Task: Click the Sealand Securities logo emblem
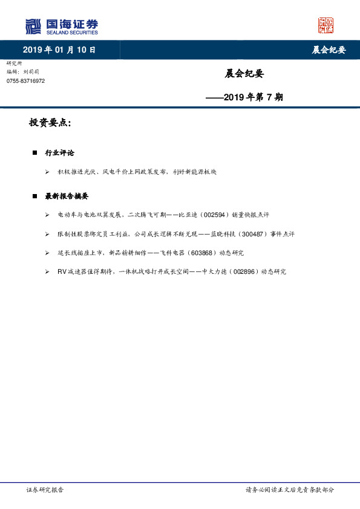[34, 26]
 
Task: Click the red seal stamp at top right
[326, 25]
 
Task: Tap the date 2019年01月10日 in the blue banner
[59, 50]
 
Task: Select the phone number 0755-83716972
[25, 81]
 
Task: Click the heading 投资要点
[50, 123]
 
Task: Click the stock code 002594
[216, 215]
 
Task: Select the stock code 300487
[239, 233]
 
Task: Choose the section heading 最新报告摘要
[67, 196]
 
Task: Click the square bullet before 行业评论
[35, 152]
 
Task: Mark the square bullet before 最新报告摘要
[35, 196]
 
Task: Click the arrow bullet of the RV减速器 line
[47, 272]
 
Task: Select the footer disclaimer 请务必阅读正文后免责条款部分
[289, 489]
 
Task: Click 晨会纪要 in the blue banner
[329, 50]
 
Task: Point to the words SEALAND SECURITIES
[71, 33]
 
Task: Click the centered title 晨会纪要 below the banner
[244, 74]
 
